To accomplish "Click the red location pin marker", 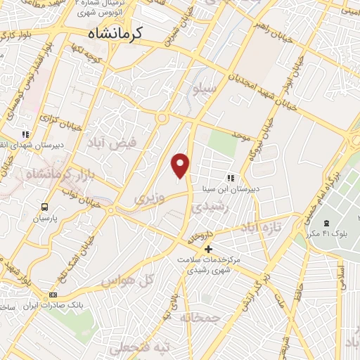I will point(181,165).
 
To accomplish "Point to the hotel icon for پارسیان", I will point(44,207).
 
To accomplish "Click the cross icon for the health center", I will point(208,249).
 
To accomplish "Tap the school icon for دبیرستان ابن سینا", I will point(230,178).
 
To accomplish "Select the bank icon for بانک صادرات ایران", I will point(53,295).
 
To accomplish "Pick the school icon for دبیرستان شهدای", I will point(25,134).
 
